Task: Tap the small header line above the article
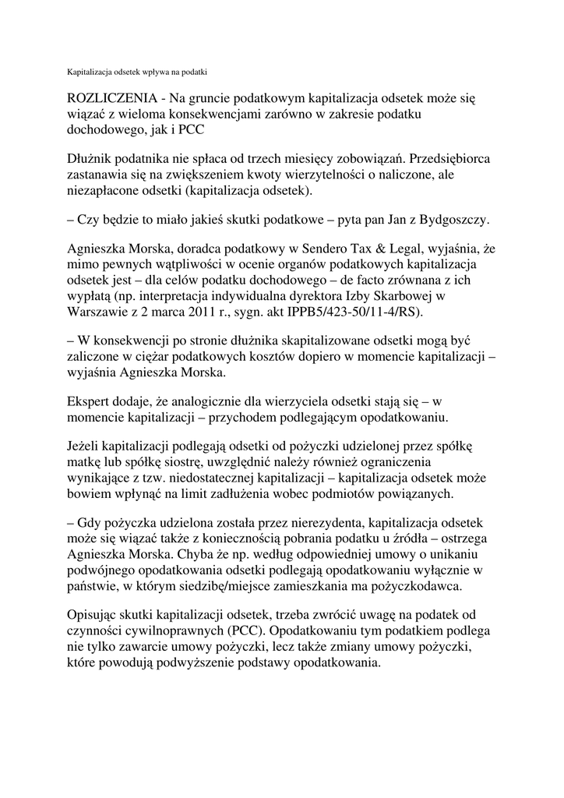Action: click(135, 71)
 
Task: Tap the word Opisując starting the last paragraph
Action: click(93, 615)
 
